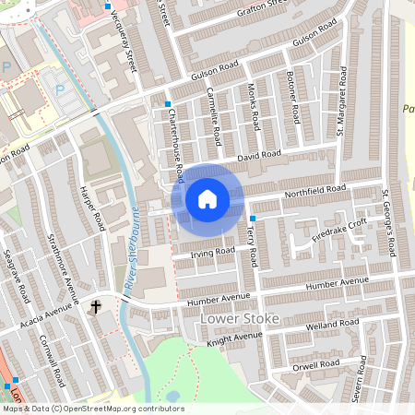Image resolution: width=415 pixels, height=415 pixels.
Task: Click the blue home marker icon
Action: [207, 198]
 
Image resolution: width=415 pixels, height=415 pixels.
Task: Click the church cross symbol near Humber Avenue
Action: [96, 305]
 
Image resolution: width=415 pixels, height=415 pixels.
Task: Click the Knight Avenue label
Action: [229, 339]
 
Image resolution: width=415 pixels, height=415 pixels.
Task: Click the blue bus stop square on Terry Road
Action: [253, 218]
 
